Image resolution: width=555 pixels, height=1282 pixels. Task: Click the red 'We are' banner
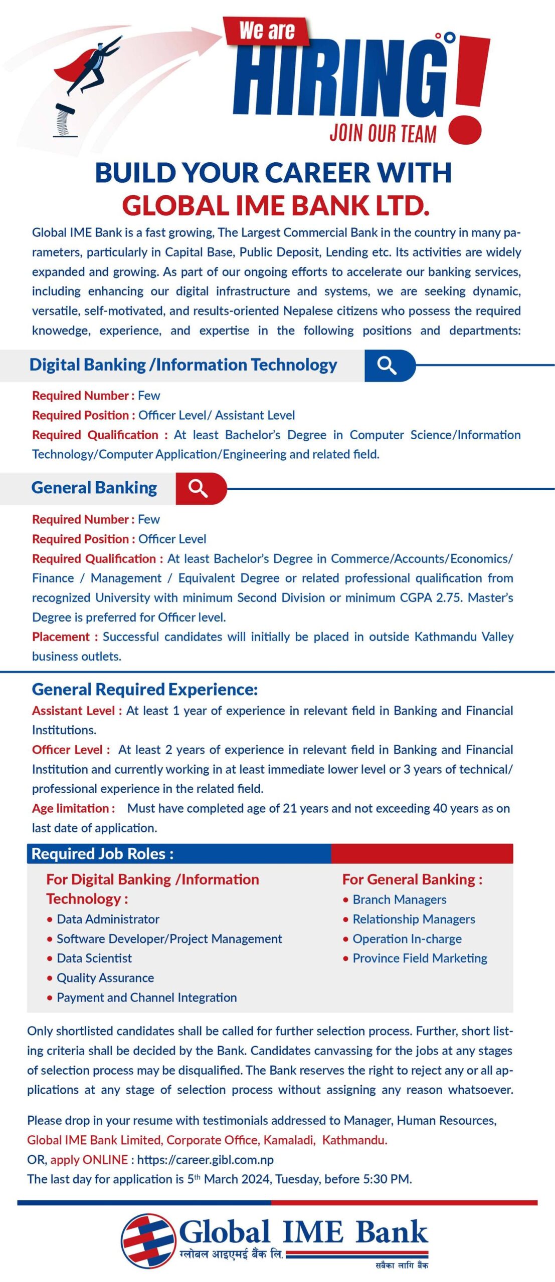pos(266,31)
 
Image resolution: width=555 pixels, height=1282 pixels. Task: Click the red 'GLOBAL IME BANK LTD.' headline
pos(275,206)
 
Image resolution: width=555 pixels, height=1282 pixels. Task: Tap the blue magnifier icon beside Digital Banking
pos(387,366)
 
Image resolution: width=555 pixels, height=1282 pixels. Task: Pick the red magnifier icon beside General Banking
pos(198,488)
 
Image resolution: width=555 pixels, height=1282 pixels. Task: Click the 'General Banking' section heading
pos(94,488)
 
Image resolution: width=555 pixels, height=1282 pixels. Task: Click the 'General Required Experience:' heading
pos(145,689)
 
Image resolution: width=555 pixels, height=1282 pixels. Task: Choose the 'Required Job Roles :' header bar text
pos(103,853)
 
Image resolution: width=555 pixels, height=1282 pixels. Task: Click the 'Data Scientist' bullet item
pos(94,958)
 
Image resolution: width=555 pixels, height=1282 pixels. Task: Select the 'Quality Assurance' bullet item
pos(105,978)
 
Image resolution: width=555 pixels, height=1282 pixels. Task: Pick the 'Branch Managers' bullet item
pos(399,899)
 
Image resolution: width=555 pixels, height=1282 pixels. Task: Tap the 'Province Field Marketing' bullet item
pos(420,958)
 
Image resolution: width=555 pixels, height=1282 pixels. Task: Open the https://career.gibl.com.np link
pos(205,1159)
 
